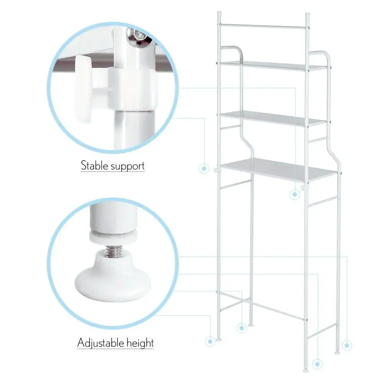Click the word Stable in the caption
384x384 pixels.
point(94,166)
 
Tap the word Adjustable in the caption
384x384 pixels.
point(100,343)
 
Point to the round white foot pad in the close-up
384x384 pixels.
point(113,281)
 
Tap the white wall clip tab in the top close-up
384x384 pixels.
point(84,88)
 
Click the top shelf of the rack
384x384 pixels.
point(273,66)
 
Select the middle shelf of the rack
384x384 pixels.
point(273,118)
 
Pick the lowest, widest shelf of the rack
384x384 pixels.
point(278,170)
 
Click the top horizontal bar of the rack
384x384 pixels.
point(263,26)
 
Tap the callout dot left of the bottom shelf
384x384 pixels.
point(204,169)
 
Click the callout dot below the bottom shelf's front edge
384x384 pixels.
point(295,194)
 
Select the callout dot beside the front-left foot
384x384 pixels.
point(210,341)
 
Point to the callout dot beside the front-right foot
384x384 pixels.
point(318,364)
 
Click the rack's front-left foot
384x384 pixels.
point(219,339)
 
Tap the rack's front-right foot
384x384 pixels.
point(306,370)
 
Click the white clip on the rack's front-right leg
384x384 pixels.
point(305,188)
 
